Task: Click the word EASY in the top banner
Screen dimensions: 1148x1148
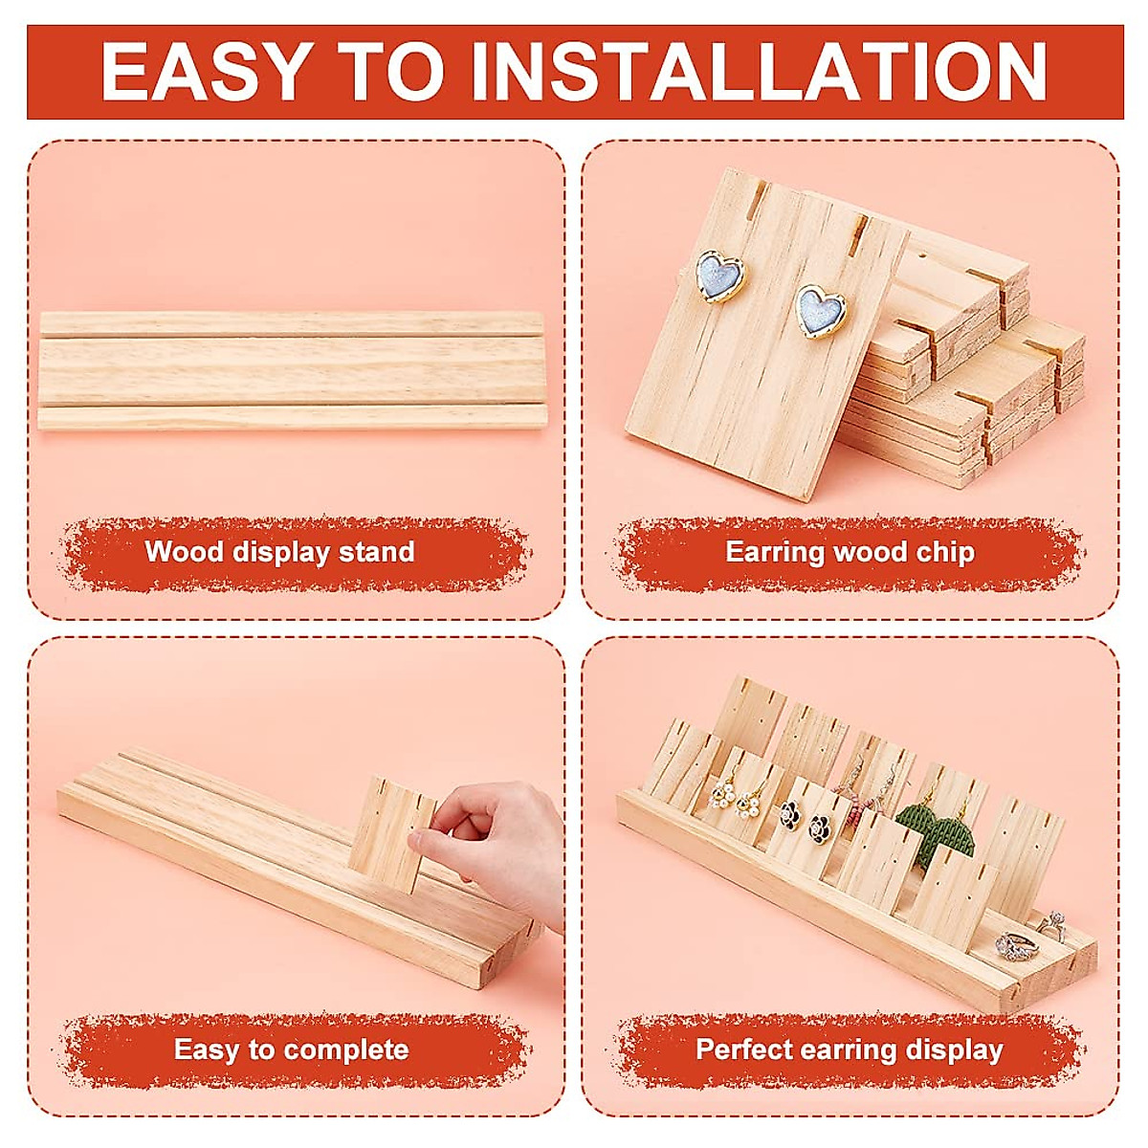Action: tap(205, 72)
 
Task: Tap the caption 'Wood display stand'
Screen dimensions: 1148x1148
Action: tap(279, 552)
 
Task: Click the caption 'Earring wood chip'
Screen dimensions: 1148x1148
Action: tap(850, 552)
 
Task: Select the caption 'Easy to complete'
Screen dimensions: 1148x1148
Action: tap(291, 1049)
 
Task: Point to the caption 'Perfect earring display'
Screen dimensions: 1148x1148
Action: tap(850, 1049)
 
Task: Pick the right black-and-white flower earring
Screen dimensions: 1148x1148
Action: tap(818, 828)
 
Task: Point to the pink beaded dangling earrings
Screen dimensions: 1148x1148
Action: tap(851, 794)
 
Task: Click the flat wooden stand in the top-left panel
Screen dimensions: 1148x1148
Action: tap(291, 368)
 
